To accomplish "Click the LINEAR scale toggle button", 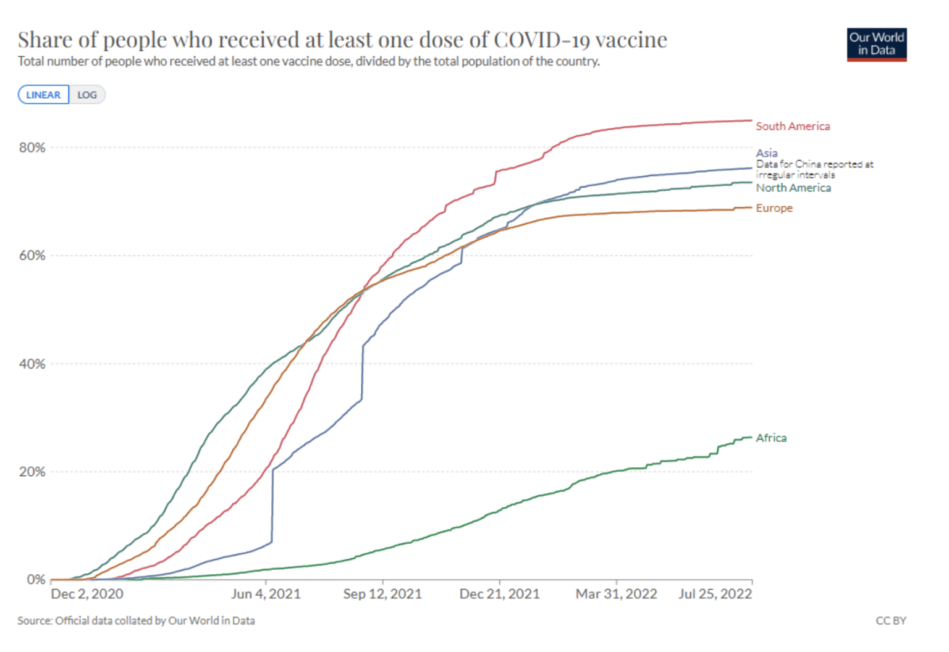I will click(x=43, y=94).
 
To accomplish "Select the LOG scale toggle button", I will click(x=87, y=94).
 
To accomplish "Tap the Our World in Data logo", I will click(x=876, y=44).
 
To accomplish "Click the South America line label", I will click(x=793, y=126).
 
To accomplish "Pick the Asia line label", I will click(x=767, y=153).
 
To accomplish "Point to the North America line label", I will click(x=793, y=188).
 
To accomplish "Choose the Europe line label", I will click(x=774, y=208).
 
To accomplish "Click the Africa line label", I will click(x=771, y=438).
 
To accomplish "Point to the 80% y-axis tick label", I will click(x=32, y=148).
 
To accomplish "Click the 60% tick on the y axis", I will click(x=32, y=256).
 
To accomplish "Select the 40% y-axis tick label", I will click(x=32, y=364).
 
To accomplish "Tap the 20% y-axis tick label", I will click(x=32, y=472).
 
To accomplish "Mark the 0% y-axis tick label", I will click(x=36, y=580).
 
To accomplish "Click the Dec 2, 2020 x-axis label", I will click(x=87, y=594).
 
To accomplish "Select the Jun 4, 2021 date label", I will click(x=266, y=594).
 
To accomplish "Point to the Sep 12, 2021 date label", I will click(x=382, y=594).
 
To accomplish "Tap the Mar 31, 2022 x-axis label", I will click(x=616, y=594).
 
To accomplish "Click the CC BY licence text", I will click(x=890, y=621).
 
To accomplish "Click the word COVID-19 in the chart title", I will click(x=536, y=40).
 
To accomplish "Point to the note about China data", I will click(x=814, y=169).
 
